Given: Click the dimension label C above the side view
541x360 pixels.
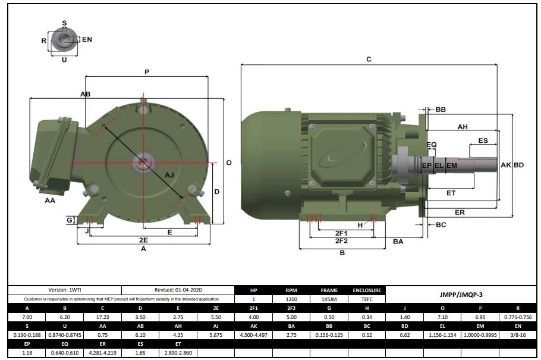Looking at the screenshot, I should click(x=369, y=59).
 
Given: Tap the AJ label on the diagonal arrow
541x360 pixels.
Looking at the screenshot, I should click(x=169, y=174).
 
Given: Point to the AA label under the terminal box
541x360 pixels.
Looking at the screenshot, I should click(x=51, y=201).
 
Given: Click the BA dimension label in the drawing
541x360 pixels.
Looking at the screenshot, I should click(x=398, y=241).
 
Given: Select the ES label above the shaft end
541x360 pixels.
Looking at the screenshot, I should click(x=483, y=140).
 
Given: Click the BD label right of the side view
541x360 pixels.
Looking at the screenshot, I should click(x=519, y=165).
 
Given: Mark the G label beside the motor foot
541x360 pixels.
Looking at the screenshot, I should click(x=70, y=220).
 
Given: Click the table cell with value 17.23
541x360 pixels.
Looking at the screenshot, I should click(x=102, y=319).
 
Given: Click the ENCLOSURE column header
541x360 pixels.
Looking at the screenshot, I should click(x=367, y=290).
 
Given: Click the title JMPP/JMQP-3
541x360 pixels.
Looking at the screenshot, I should click(x=461, y=295).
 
